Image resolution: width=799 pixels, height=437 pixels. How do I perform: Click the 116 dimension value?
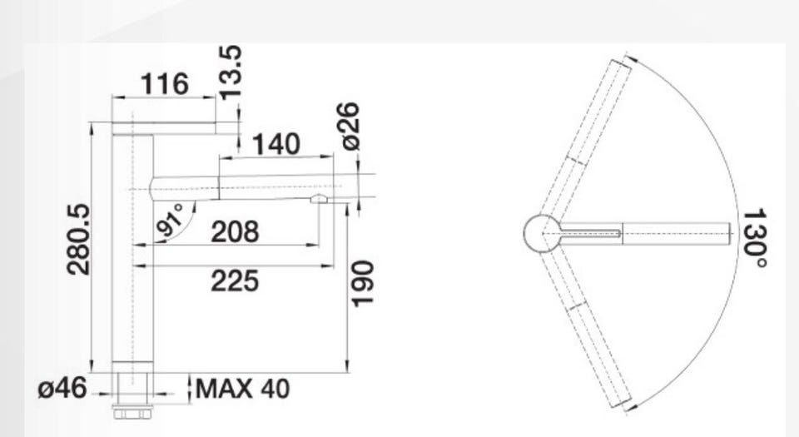pos(164,83)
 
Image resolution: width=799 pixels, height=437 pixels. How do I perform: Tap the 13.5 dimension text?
pos(231,72)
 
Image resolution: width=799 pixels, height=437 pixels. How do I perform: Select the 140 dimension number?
pos(276,144)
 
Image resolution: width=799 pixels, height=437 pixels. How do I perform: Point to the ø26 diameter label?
pos(350,126)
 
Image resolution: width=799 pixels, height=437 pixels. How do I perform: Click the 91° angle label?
pos(171,221)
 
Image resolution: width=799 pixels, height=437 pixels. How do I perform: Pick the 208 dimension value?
pos(235,231)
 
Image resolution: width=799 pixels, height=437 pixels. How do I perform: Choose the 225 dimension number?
pos(235,281)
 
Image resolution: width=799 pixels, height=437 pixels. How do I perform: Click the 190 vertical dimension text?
pos(363,283)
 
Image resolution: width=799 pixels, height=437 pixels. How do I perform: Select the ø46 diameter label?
pos(62,389)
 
